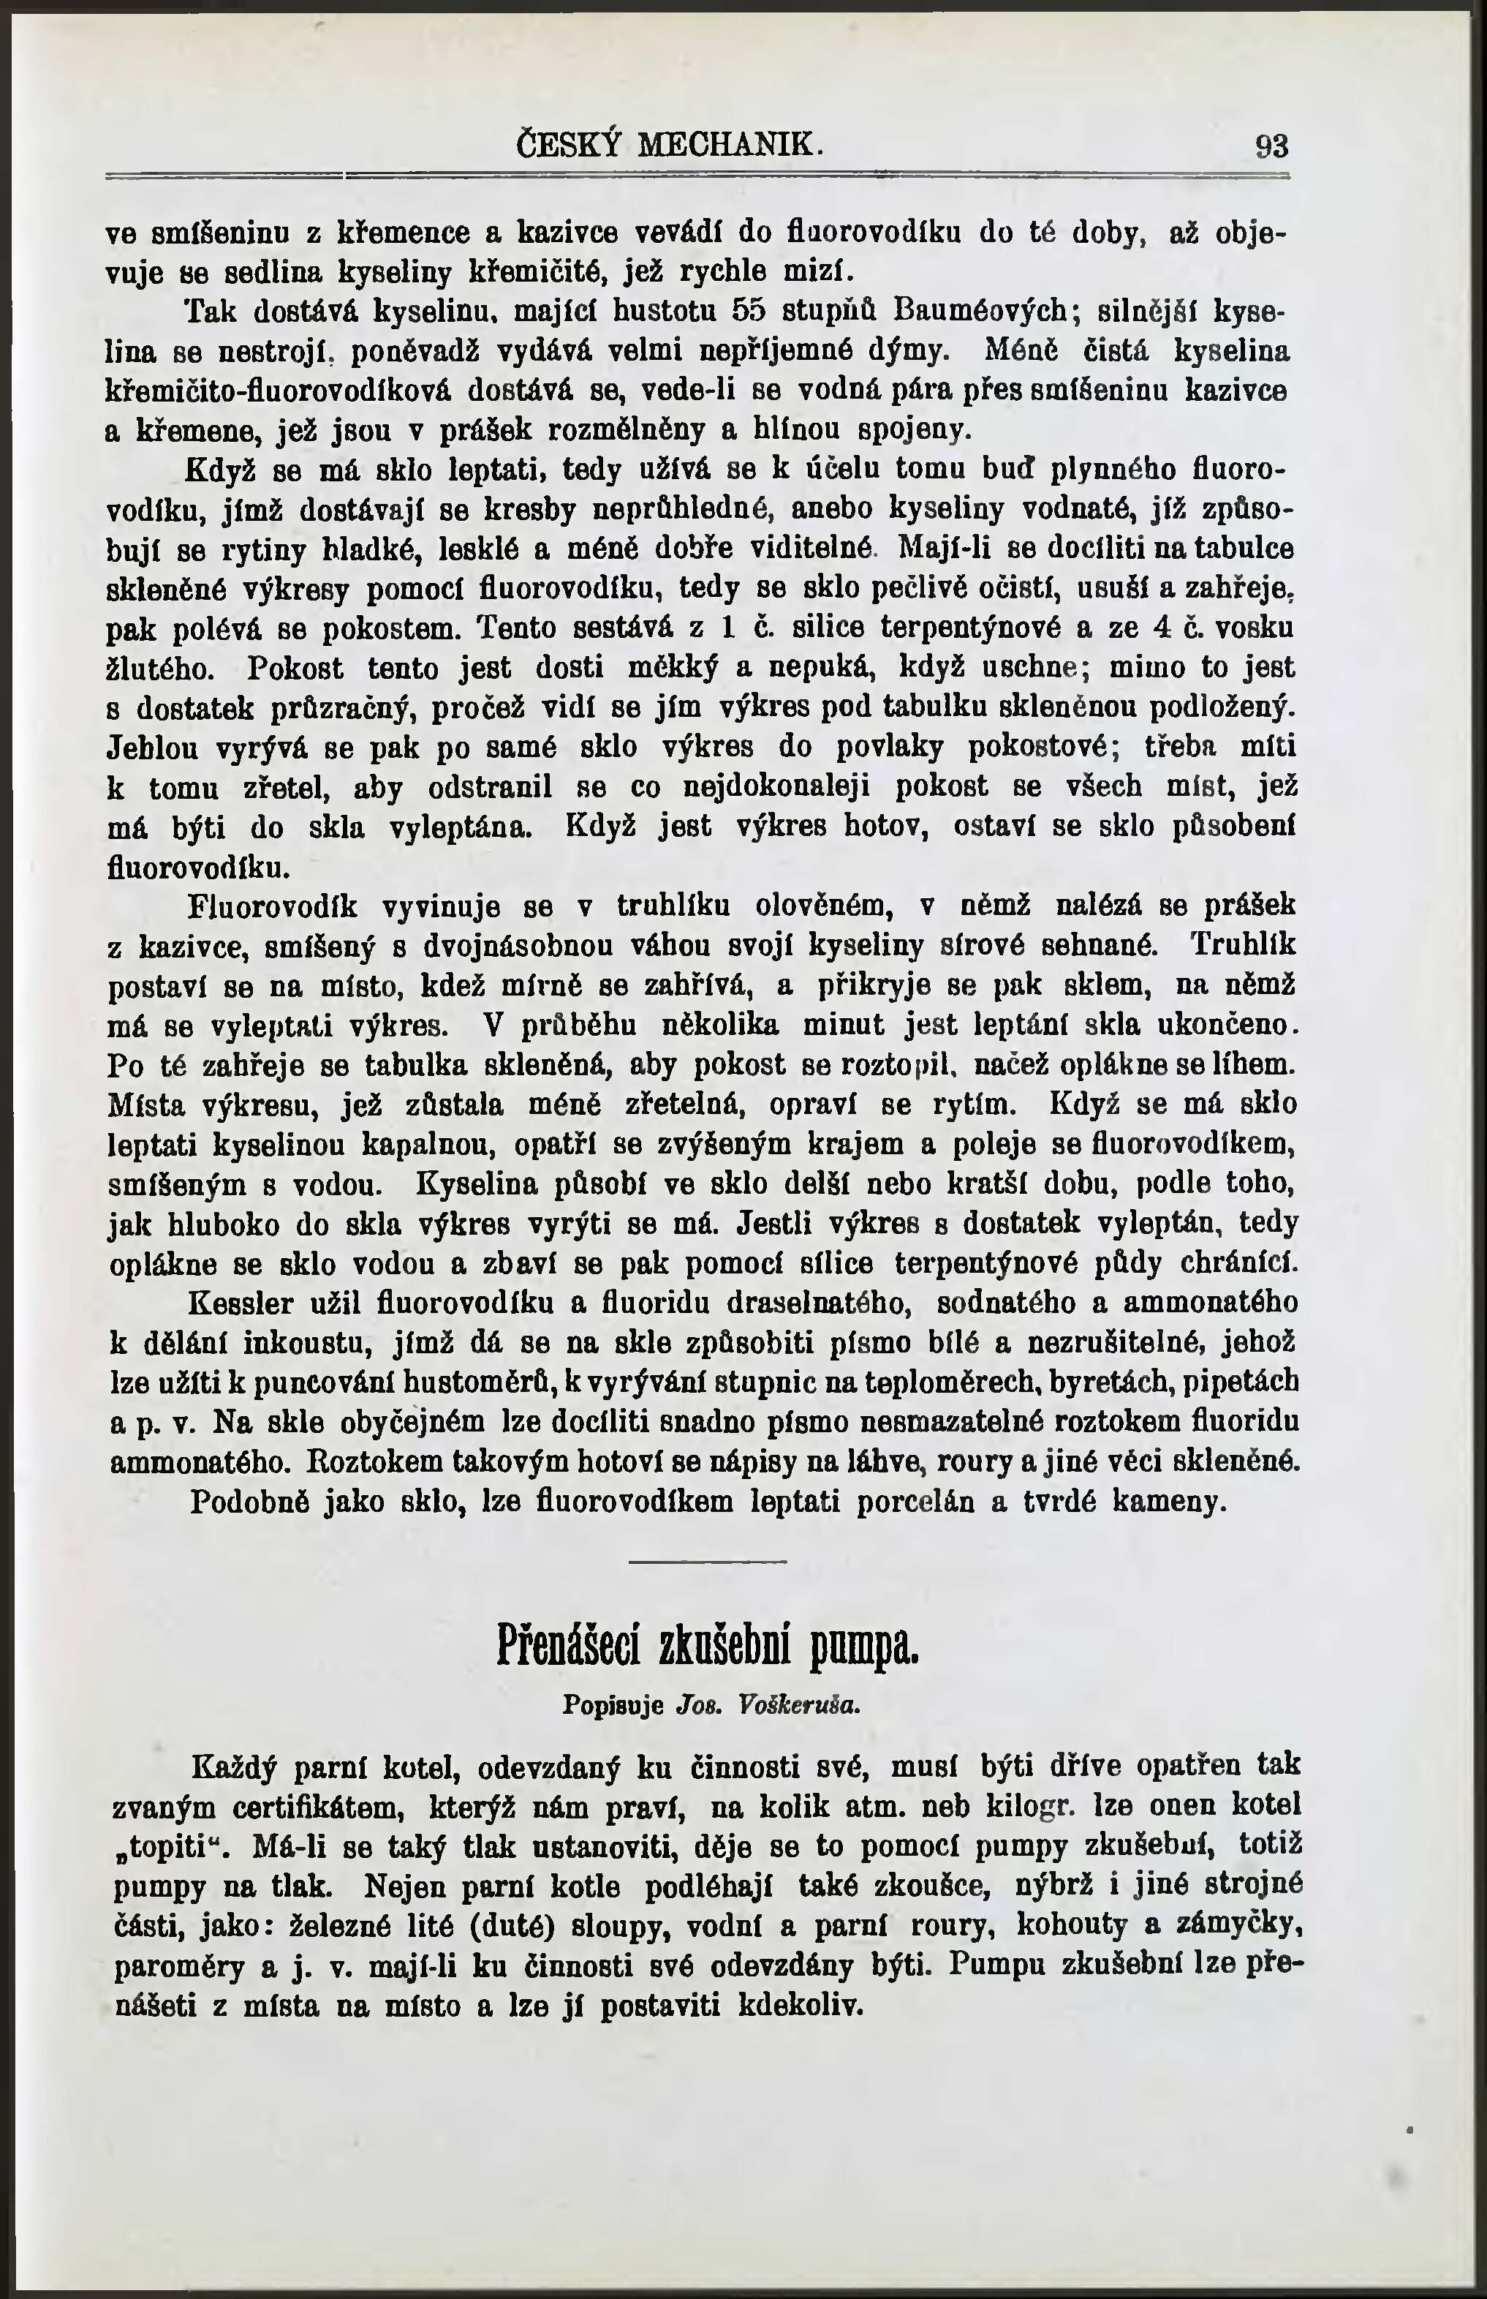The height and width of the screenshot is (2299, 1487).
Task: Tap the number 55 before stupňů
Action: point(750,312)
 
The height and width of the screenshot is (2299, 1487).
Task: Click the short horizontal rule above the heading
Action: point(708,1562)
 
